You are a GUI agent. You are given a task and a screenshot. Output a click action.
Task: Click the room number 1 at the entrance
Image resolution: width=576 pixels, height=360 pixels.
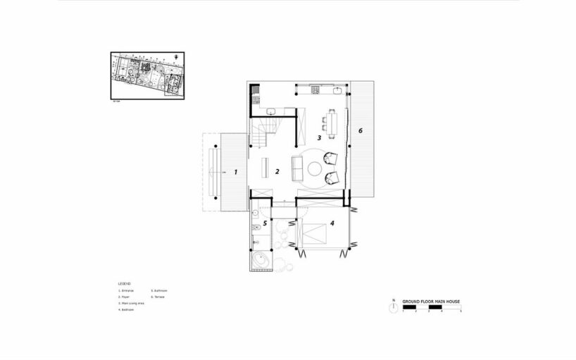(x=236, y=171)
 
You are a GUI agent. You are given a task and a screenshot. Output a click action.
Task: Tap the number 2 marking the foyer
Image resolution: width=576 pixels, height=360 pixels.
(x=277, y=171)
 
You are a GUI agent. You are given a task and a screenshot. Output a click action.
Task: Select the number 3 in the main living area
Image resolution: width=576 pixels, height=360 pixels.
(x=318, y=138)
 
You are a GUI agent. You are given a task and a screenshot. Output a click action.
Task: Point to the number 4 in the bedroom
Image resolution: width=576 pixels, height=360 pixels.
(x=332, y=225)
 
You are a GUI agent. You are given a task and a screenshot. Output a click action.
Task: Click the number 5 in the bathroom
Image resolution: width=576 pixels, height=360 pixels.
(x=265, y=224)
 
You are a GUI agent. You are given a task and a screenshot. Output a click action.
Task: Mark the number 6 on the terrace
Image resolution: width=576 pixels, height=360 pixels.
(x=360, y=130)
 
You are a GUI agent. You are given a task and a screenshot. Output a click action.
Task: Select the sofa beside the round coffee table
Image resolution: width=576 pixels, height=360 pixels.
(x=297, y=169)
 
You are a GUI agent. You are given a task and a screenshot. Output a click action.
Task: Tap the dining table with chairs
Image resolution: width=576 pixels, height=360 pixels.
(x=331, y=125)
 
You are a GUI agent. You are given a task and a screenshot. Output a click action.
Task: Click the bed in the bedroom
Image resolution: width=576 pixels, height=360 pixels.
(x=318, y=232)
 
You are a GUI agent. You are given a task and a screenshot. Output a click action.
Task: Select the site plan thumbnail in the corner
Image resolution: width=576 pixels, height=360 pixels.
(x=146, y=73)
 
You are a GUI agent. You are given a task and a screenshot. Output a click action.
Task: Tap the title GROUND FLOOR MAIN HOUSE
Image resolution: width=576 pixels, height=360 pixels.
(x=430, y=302)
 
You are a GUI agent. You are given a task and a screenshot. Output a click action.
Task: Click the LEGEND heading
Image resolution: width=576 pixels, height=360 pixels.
(x=124, y=283)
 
